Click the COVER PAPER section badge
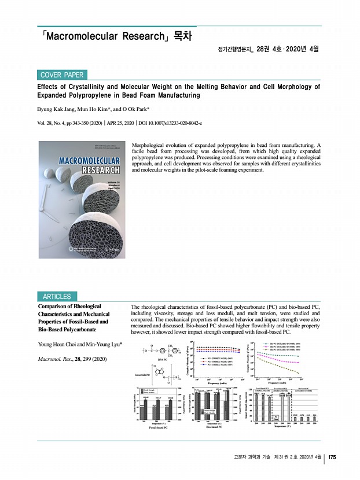click(62, 75)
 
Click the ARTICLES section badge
click(56, 297)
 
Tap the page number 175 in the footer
click(332, 458)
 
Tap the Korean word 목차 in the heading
click(181, 36)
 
